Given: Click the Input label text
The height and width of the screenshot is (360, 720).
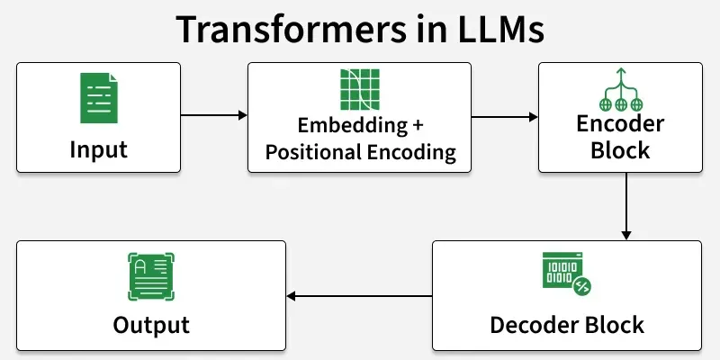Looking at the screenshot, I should (99, 149).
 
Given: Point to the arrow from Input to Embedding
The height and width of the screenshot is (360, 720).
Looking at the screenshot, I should (214, 115).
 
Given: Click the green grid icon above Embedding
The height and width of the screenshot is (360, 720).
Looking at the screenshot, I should (359, 87).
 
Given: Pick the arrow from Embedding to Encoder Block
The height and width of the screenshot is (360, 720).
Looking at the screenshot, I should (505, 117).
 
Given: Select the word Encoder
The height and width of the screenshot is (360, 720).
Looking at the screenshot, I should (620, 123).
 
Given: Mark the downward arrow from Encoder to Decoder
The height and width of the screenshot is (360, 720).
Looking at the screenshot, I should (626, 206).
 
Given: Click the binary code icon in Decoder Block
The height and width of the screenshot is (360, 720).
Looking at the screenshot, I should (566, 272).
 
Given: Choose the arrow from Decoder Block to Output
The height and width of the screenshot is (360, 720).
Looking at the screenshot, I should (359, 295).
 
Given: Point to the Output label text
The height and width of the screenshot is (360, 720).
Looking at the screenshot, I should (151, 324).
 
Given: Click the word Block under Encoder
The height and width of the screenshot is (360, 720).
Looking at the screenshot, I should (620, 150).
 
